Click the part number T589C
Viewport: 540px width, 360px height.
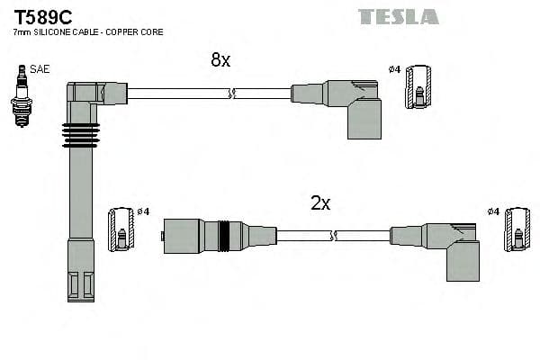click(44, 16)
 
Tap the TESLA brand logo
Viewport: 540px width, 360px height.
click(398, 16)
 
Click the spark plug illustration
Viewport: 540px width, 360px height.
click(20, 97)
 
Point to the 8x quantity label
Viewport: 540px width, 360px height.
click(220, 60)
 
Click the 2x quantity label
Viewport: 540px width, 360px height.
click(320, 203)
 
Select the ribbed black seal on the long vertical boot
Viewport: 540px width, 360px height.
click(79, 134)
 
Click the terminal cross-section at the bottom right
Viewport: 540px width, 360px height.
click(517, 229)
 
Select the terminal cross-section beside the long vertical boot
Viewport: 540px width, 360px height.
click(121, 229)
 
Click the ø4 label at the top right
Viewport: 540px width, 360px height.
click(394, 69)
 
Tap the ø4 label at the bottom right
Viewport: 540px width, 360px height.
click(492, 211)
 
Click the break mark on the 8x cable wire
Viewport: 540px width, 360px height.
click(233, 93)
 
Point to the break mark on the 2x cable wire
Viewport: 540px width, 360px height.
click(333, 236)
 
